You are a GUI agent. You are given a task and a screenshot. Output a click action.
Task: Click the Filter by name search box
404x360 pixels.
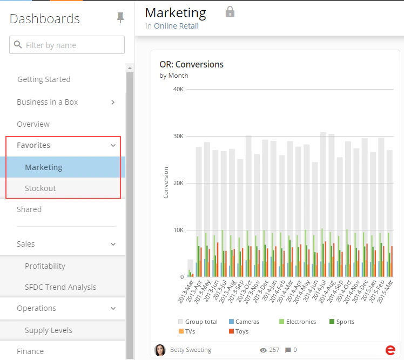click(67, 45)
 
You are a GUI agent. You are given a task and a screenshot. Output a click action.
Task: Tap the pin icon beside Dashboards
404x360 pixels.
click(120, 17)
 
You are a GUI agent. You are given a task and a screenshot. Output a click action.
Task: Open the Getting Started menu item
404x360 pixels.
click(44, 79)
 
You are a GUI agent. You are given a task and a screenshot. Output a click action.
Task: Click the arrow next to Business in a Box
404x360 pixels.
click(113, 102)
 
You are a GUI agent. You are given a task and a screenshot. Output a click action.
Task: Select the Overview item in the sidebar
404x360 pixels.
click(33, 124)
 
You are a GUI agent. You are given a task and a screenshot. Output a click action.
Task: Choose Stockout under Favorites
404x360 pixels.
click(40, 188)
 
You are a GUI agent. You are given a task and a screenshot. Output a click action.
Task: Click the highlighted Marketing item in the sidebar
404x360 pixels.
click(44, 167)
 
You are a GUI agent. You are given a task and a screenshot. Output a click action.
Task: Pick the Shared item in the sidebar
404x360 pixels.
click(29, 209)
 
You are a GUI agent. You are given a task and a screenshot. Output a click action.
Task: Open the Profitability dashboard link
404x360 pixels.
click(45, 266)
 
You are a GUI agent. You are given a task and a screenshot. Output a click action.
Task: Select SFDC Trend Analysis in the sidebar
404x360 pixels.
click(60, 287)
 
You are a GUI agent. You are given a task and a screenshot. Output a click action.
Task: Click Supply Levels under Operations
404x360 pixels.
click(49, 330)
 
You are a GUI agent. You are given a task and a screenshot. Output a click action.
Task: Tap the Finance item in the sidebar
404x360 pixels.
click(30, 351)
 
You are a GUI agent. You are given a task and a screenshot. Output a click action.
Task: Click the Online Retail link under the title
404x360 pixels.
click(176, 26)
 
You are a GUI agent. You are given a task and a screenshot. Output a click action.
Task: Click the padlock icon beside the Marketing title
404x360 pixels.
click(230, 12)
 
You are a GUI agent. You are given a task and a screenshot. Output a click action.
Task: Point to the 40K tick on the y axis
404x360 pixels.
click(179, 89)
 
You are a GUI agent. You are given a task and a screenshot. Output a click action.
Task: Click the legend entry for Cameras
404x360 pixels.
click(244, 322)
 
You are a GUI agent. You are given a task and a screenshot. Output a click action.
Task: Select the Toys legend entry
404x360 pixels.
click(239, 331)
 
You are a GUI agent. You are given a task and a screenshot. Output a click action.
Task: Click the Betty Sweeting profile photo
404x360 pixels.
click(160, 350)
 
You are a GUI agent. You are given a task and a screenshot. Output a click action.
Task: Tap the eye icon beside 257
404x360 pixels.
click(263, 350)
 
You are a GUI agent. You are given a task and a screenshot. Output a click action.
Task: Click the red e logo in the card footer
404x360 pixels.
click(390, 350)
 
